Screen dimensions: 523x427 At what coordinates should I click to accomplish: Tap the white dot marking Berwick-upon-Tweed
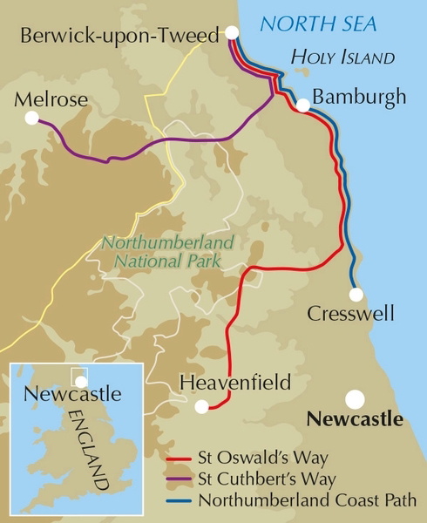pos(232,33)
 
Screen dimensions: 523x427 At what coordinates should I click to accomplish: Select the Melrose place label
pos(51,100)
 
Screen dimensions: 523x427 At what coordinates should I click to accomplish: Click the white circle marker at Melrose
pos(32,117)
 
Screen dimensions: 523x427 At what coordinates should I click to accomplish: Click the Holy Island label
pos(342,58)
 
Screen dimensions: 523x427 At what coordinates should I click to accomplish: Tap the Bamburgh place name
pos(359,97)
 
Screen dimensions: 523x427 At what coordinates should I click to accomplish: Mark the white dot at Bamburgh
pos(302,105)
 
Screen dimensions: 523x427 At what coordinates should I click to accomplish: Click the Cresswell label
pos(351,314)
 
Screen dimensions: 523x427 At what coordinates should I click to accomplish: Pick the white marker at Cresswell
pos(356,294)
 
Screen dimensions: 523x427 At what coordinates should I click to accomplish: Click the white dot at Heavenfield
pos(202,405)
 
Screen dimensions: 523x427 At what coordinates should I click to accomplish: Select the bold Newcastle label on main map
pos(356,419)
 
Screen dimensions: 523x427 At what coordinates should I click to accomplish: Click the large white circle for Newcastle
pos(355,399)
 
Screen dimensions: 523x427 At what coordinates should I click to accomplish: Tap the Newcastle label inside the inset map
pos(71,394)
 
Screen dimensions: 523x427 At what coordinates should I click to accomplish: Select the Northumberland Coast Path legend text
pos(307,499)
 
